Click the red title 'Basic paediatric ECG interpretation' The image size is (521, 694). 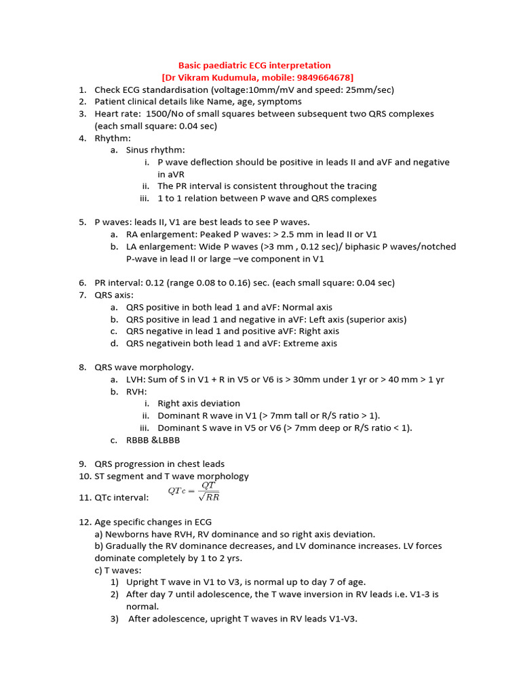point(254,66)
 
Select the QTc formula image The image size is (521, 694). point(194,492)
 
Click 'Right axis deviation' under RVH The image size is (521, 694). point(199,403)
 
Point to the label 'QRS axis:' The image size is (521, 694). point(114,295)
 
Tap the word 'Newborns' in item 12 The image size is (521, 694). point(126,534)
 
